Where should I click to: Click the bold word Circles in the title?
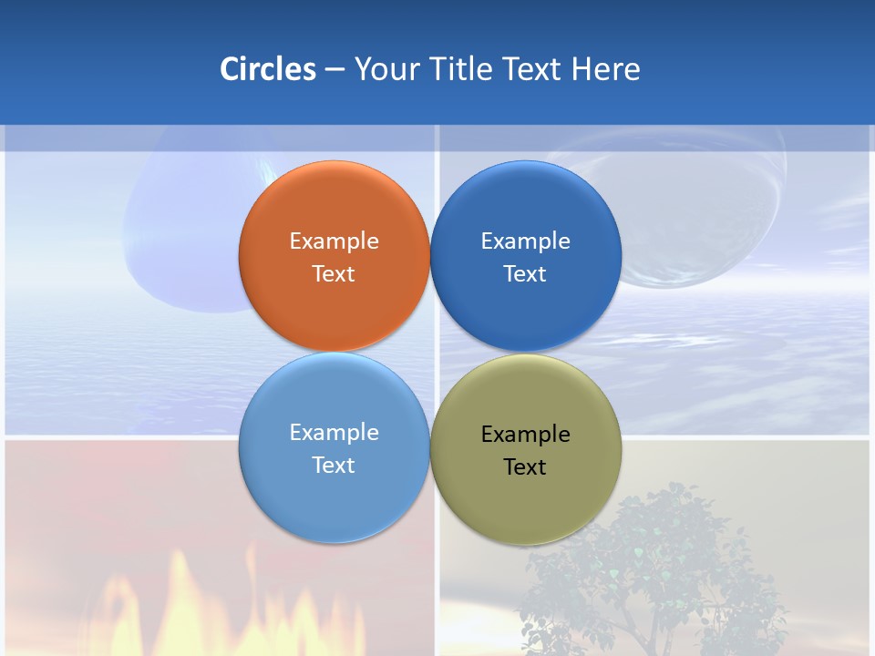click(x=268, y=69)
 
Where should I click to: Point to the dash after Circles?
click(x=335, y=70)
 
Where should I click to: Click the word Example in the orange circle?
click(x=334, y=241)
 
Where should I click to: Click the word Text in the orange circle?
click(x=334, y=273)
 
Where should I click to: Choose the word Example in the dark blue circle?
click(x=525, y=241)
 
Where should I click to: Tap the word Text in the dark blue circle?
click(x=525, y=273)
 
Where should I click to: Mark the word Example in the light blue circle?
click(x=334, y=432)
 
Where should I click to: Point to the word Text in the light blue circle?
click(x=334, y=465)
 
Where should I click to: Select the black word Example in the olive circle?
click(x=525, y=434)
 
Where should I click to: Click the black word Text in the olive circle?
click(x=525, y=466)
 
